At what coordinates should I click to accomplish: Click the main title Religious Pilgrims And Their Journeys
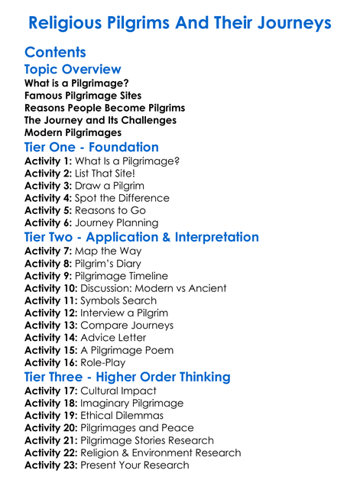pos(180,23)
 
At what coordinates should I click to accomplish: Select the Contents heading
pos(55,52)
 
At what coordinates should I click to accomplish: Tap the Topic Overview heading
pos(73,70)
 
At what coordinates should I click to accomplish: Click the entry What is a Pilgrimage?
pos(76,83)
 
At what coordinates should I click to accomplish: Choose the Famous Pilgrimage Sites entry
pos(83,96)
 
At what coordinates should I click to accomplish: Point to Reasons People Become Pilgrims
pos(105,108)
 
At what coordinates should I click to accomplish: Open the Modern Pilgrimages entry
pos(73,132)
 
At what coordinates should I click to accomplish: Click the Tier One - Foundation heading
pos(92,147)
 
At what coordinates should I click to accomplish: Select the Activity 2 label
pos(47,174)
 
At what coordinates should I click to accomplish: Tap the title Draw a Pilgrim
pos(109,186)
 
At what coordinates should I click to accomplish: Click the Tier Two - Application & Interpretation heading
pos(141,237)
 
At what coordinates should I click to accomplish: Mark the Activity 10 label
pos(50,288)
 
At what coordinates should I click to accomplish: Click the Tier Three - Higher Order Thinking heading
pos(127,377)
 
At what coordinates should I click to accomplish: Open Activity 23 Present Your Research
pos(106,465)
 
